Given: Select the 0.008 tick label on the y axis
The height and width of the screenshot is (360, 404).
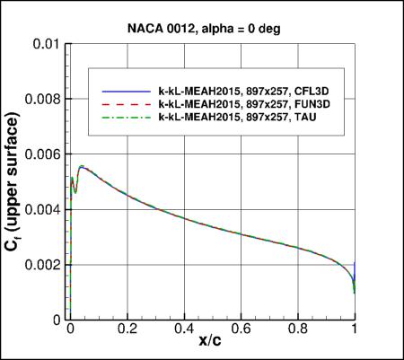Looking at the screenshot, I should point(46,99).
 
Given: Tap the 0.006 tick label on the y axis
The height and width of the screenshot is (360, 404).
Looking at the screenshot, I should point(46,154).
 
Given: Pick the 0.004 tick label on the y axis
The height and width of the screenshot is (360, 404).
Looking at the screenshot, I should point(46,210).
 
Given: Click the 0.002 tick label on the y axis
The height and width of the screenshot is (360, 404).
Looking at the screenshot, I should point(46,266).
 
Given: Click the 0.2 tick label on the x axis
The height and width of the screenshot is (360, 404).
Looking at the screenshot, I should point(127,330).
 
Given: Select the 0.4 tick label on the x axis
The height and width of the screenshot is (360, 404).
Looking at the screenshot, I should point(184,330).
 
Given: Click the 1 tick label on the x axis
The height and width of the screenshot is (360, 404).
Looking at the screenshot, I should point(355,330).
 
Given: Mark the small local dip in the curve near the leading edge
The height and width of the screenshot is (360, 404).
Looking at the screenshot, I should point(75,192).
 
